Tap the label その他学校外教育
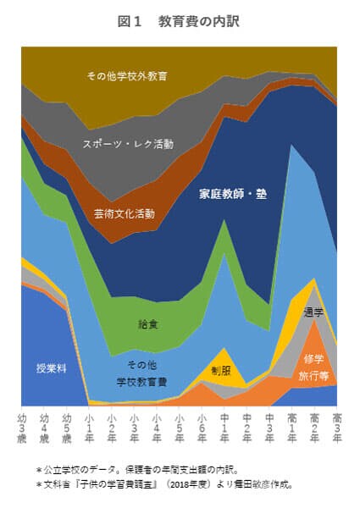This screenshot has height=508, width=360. pos(126,76)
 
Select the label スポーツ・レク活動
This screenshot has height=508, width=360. pos(128,144)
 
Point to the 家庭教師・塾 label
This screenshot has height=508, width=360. pos(233,194)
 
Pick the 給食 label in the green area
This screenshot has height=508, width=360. pos(147,324)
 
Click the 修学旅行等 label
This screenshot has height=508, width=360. pos(313,367)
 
